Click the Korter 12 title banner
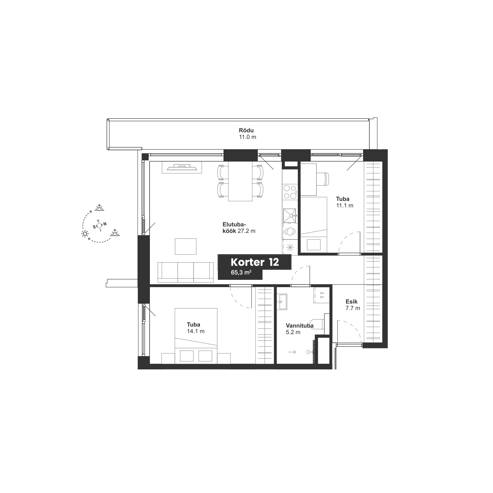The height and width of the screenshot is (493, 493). click(x=254, y=262)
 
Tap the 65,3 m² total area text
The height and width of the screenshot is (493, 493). click(x=241, y=272)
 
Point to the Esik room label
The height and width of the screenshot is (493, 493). click(x=351, y=302)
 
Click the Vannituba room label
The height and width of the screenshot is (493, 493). click(x=299, y=326)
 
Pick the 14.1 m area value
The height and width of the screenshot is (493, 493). click(x=196, y=331)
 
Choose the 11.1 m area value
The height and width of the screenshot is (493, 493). click(x=345, y=206)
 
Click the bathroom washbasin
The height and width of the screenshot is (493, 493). click(x=282, y=302)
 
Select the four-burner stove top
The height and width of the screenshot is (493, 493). click(x=289, y=192)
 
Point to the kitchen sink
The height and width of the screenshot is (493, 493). click(x=289, y=215)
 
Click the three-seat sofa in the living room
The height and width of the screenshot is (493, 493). click(x=186, y=272)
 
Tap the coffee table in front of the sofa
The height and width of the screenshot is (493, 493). click(x=186, y=246)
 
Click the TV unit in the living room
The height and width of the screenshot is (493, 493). click(x=182, y=167)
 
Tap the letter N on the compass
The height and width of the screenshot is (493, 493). click(x=105, y=224)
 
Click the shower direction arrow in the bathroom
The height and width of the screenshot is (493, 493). click(x=292, y=351)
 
